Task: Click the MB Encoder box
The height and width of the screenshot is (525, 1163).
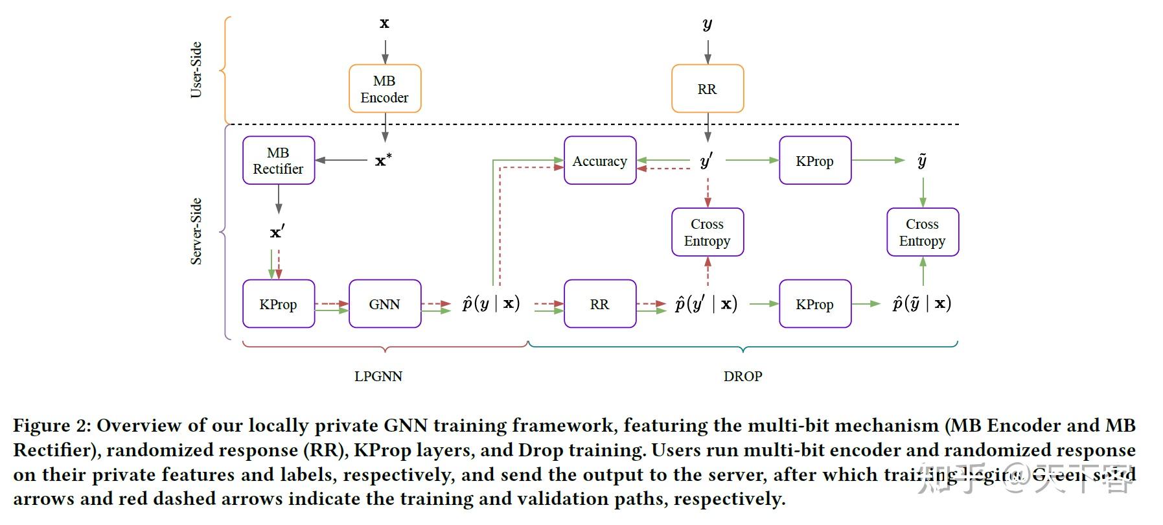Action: point(385,89)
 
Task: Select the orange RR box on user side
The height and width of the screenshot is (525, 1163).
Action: point(707,89)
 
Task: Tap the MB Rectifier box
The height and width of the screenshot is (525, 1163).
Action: point(279,160)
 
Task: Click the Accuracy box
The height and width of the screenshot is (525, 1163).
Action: point(599,160)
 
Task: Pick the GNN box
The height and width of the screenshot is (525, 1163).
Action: point(385,303)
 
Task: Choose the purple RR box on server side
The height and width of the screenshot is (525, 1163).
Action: point(599,303)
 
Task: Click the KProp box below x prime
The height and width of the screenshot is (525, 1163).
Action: point(279,303)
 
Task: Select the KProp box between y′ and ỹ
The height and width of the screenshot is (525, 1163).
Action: point(814,160)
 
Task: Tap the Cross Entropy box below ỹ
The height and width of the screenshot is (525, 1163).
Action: point(922,232)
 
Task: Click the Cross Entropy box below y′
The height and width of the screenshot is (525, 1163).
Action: point(707,232)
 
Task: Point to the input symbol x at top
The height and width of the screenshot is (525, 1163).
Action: point(384,24)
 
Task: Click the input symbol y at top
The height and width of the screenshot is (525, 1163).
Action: point(707,25)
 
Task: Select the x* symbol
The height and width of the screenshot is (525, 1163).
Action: point(383,160)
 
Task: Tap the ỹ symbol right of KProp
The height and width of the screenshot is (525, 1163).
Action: point(922,160)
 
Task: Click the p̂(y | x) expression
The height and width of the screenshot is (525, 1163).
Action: point(491,303)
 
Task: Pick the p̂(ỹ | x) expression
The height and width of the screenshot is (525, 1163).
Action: point(921,303)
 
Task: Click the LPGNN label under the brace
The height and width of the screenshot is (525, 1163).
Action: point(378,376)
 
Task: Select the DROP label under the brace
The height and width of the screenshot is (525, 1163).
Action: point(743,376)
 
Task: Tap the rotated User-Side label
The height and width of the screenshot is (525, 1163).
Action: point(196,70)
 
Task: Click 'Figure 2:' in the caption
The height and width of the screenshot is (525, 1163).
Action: point(52,425)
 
